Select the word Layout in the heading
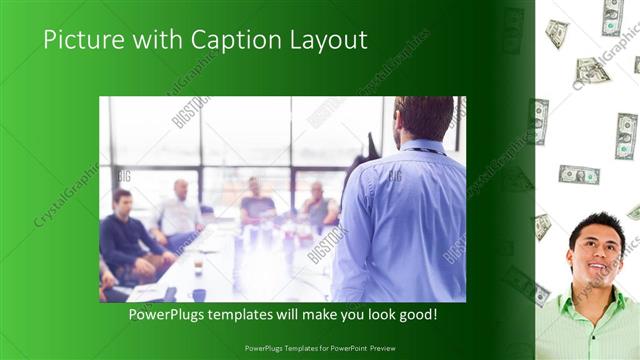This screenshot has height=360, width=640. click(x=329, y=41)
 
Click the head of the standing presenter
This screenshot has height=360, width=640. click(x=424, y=118)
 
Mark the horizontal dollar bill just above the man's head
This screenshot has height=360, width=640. click(x=579, y=175)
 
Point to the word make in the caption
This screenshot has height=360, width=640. click(x=323, y=314)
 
